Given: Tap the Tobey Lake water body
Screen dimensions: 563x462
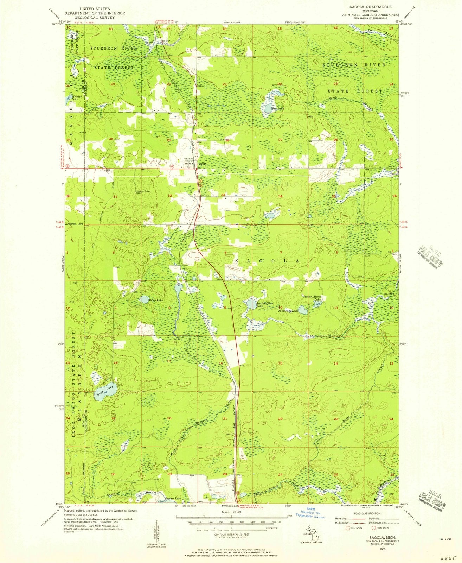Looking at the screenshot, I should point(143,299).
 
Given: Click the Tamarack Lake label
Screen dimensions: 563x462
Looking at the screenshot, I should point(288,311).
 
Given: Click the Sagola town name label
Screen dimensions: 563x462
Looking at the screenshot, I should point(201,164).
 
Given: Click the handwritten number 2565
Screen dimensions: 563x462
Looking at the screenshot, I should point(448,558).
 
